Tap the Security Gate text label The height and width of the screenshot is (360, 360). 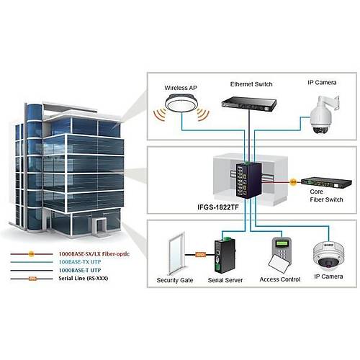click(x=176, y=279)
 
